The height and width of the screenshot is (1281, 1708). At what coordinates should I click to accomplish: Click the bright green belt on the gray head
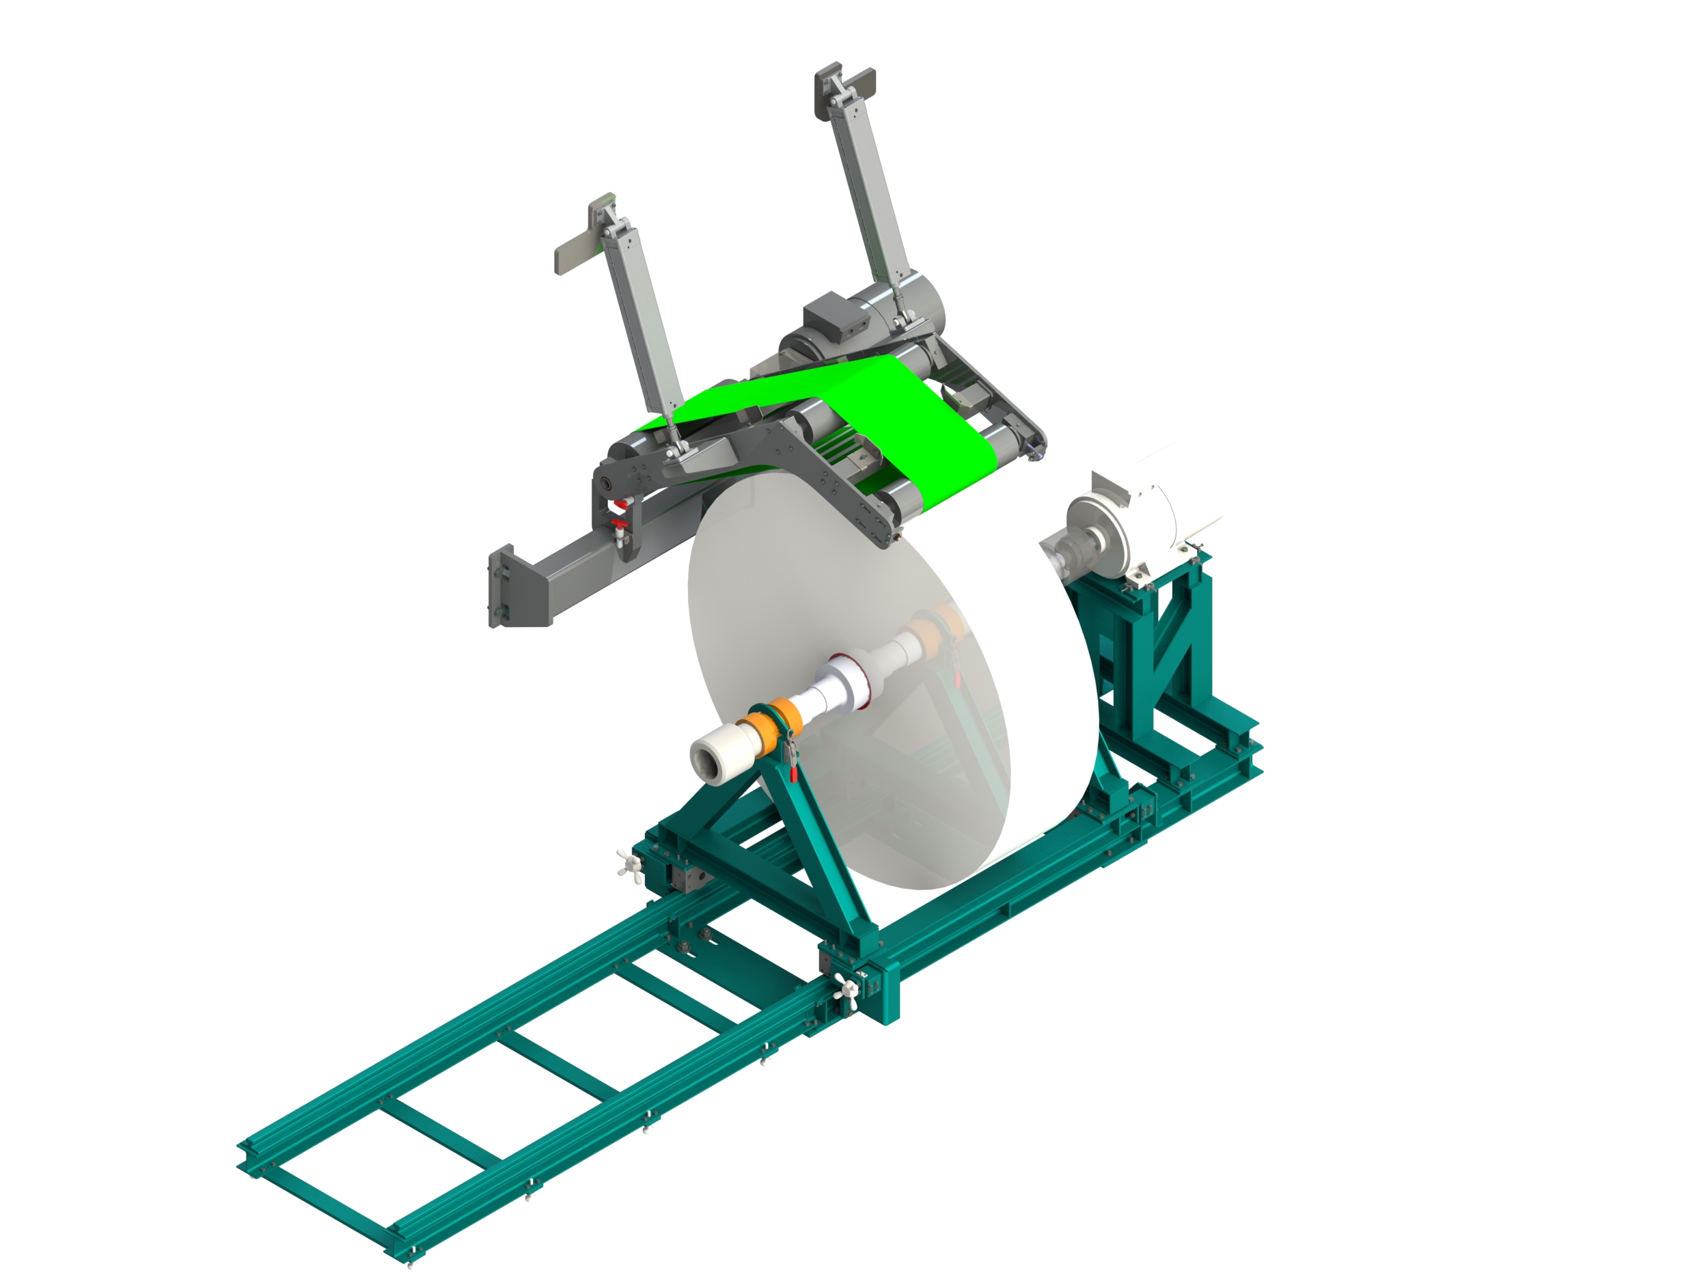[888, 417]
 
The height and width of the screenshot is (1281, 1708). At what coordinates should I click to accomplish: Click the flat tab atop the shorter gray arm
[576, 250]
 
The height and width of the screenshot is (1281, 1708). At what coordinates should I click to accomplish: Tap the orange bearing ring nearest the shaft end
[748, 729]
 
